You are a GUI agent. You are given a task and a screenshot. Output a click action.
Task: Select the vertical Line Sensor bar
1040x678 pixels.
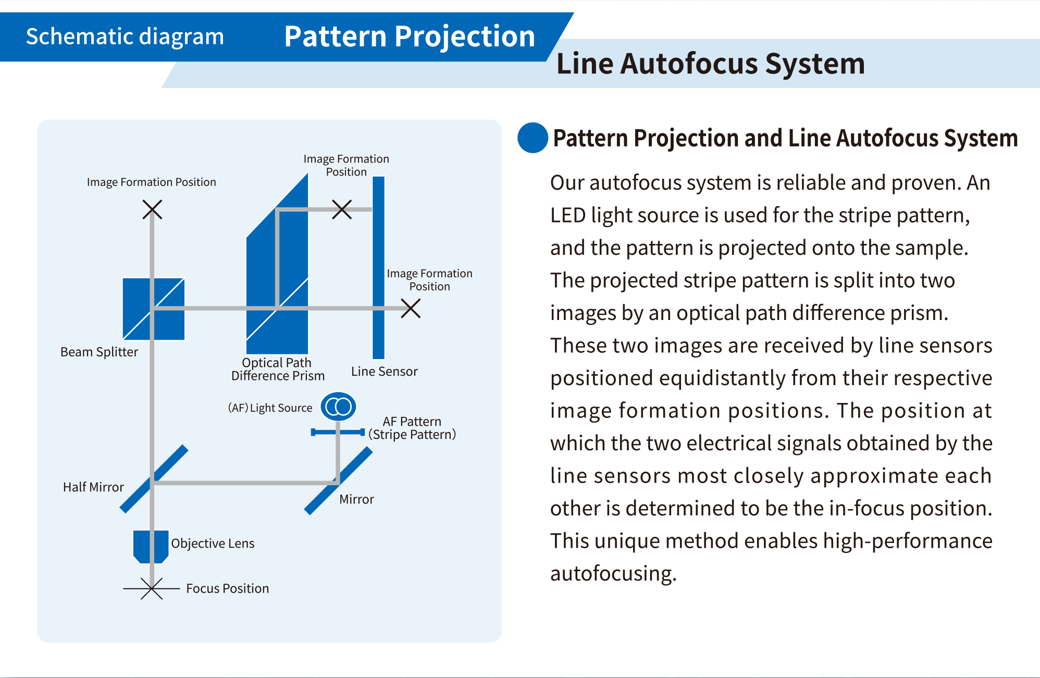pos(379,267)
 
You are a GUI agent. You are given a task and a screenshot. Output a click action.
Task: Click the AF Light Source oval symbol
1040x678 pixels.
pos(338,406)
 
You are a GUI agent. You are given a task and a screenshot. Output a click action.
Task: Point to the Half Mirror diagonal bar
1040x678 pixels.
pos(154,479)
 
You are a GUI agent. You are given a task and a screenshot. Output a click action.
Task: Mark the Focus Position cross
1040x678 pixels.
pos(152,588)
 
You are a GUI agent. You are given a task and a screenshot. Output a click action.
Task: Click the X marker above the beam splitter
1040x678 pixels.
pos(152,209)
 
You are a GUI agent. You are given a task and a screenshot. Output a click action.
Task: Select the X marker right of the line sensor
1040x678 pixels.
pos(411,308)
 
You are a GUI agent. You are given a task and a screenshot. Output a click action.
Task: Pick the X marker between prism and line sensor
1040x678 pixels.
pos(342,209)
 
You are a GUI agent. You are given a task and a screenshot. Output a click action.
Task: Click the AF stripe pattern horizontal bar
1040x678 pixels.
pos(338,432)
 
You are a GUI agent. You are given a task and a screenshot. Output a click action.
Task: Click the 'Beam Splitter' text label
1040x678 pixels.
pos(99,352)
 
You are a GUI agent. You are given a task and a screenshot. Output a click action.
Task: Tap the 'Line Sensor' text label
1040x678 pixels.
pos(384,371)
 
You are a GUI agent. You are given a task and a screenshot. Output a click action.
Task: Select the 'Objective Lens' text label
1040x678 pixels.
pos(213,544)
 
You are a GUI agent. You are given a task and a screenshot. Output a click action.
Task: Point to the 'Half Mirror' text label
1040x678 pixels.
pos(93,487)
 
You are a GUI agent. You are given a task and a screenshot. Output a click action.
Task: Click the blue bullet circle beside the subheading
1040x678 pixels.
pos(533,138)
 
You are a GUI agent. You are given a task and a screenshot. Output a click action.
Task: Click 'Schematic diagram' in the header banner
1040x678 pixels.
pos(125,36)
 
